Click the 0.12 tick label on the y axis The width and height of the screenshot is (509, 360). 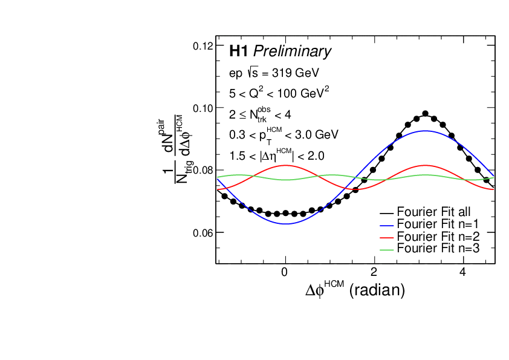click(x=202, y=46)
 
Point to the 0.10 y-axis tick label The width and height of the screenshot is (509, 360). click(x=202, y=108)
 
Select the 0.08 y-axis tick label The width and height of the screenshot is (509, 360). click(x=202, y=171)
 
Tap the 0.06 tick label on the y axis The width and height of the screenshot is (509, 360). click(x=202, y=233)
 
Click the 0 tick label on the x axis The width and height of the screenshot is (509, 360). click(x=285, y=272)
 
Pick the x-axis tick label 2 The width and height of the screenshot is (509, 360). click(x=374, y=272)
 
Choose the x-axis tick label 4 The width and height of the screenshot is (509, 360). click(x=462, y=272)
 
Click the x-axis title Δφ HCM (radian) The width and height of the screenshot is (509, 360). click(x=355, y=290)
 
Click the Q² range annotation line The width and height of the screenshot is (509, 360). click(x=279, y=93)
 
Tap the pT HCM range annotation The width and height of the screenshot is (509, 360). click(x=284, y=134)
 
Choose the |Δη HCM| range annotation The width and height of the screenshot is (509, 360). click(x=277, y=155)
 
